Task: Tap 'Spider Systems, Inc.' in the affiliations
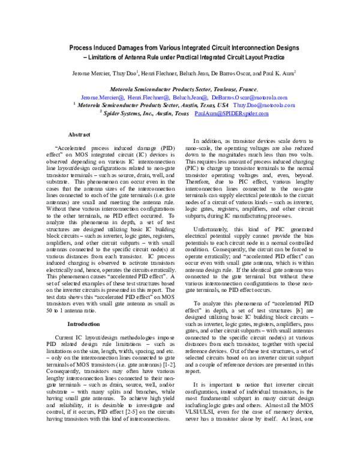[x=127, y=113]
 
